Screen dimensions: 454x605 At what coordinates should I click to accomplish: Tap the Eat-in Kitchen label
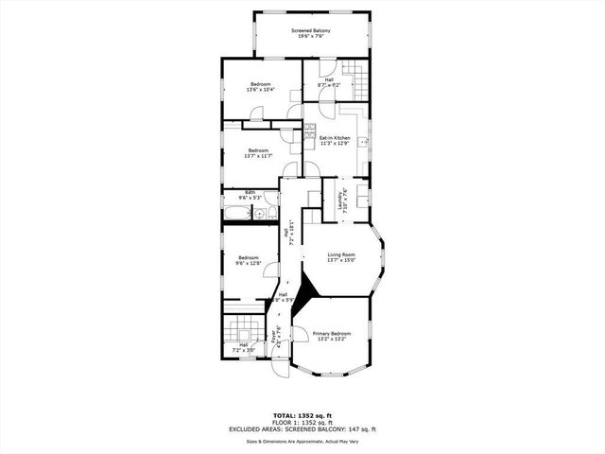coord(335,138)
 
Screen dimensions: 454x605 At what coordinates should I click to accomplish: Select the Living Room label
coord(341,254)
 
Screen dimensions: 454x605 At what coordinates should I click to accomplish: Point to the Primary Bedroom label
coord(332,333)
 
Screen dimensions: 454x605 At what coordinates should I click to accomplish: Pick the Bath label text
coord(251,192)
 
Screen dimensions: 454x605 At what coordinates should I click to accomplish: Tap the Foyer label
coord(277,333)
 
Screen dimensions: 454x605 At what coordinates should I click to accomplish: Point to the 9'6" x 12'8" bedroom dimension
coord(249,264)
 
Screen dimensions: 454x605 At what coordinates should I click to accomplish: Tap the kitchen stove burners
coord(309,136)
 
